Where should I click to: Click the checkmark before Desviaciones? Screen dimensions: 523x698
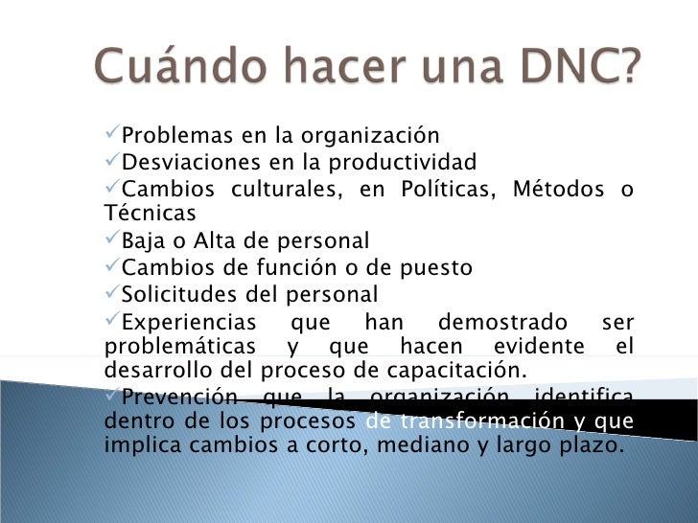coord(110,160)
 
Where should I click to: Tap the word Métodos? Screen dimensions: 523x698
coord(560,188)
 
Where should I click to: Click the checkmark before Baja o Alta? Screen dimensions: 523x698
coord(110,239)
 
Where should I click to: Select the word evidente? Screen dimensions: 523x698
coord(538,346)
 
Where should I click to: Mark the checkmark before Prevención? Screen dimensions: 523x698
coord(110,395)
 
